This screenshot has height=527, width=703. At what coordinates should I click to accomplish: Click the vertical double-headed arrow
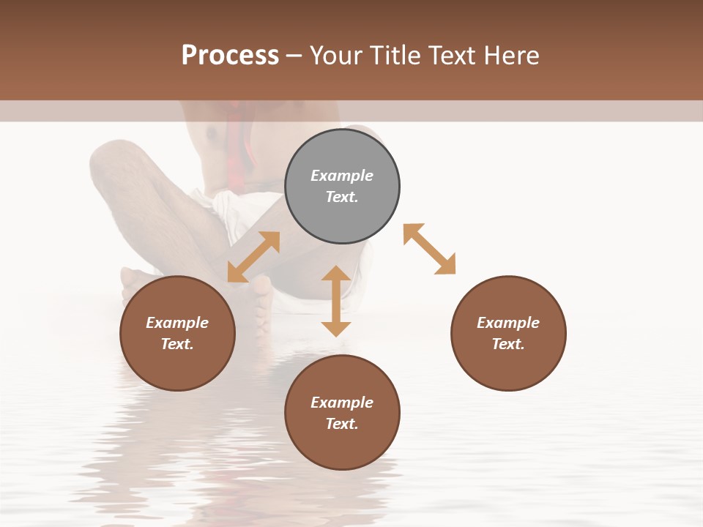[x=336, y=301]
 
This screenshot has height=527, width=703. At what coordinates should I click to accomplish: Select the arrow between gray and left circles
[x=253, y=257]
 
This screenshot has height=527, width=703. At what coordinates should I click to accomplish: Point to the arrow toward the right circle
[x=429, y=249]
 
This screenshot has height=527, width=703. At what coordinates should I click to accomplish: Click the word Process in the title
[x=230, y=56]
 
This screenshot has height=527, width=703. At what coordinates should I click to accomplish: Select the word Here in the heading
[x=512, y=56]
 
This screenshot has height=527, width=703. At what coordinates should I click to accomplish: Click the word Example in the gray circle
[x=342, y=176]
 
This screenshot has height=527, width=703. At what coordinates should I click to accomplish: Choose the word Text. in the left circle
[x=177, y=344]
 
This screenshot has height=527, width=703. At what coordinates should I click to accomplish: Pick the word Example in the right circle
[x=508, y=323]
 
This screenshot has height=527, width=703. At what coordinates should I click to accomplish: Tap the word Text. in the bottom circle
[x=342, y=424]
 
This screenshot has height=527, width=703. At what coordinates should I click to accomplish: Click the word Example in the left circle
[x=177, y=323]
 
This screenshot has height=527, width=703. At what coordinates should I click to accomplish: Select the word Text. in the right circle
[x=508, y=344]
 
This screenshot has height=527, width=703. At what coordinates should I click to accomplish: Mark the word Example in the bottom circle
[x=342, y=403]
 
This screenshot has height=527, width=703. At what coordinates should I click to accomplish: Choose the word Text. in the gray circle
[x=342, y=197]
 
